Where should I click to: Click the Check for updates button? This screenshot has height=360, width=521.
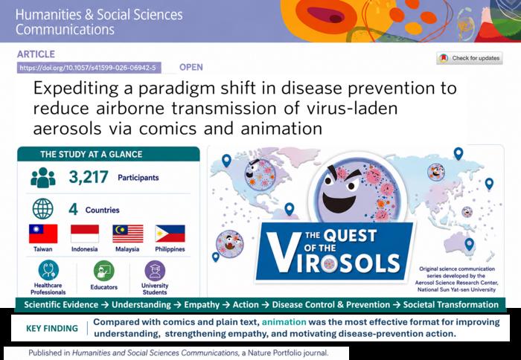[x=469, y=58]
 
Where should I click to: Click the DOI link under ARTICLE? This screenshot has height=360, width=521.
[x=89, y=68]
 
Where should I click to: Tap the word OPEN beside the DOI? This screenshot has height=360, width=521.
[x=191, y=67]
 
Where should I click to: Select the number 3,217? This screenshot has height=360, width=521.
[x=89, y=177]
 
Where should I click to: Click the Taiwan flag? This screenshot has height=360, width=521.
[x=43, y=234]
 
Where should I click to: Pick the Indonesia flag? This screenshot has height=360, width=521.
[x=85, y=234]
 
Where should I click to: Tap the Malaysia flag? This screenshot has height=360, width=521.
[x=128, y=234]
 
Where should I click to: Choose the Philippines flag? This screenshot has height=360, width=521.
[x=170, y=234]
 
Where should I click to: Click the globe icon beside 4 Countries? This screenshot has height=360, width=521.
[x=43, y=208]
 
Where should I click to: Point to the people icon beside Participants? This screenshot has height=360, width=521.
[x=43, y=178]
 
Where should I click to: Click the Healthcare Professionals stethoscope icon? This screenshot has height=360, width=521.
[x=48, y=270]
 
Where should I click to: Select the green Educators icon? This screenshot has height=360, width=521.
[x=104, y=271]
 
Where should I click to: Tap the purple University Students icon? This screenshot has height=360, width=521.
[x=155, y=271]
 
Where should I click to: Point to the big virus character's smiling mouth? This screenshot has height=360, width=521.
[x=339, y=202]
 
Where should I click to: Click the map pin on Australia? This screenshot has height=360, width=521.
[x=469, y=244]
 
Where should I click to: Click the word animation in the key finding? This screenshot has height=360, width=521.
[x=284, y=322]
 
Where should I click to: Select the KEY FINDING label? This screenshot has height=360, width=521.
[x=52, y=329]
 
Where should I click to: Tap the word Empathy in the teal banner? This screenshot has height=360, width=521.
[x=202, y=305]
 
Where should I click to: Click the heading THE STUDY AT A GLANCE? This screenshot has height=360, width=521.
[x=92, y=155]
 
